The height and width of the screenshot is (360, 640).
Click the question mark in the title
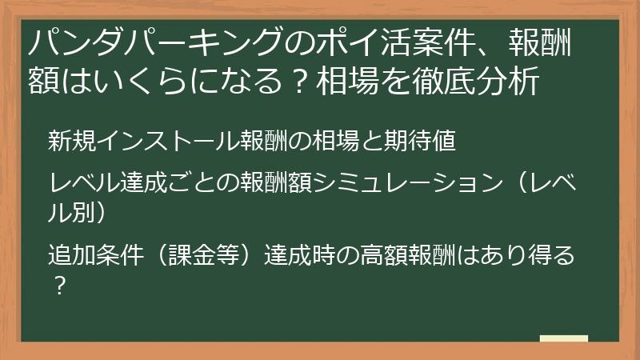[299, 82]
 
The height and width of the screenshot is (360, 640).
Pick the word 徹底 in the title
[444, 81]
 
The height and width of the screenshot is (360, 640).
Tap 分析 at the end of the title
[507, 81]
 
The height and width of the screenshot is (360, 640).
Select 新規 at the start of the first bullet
[72, 141]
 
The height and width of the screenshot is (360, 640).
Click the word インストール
[168, 141]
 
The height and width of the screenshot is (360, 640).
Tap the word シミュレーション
[408, 182]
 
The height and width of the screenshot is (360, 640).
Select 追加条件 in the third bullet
[96, 254]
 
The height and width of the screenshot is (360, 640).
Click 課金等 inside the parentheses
[204, 254]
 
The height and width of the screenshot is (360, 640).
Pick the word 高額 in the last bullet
[385, 254]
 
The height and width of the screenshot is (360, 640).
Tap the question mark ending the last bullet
[60, 286]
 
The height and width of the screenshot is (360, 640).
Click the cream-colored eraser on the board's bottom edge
[564, 338]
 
